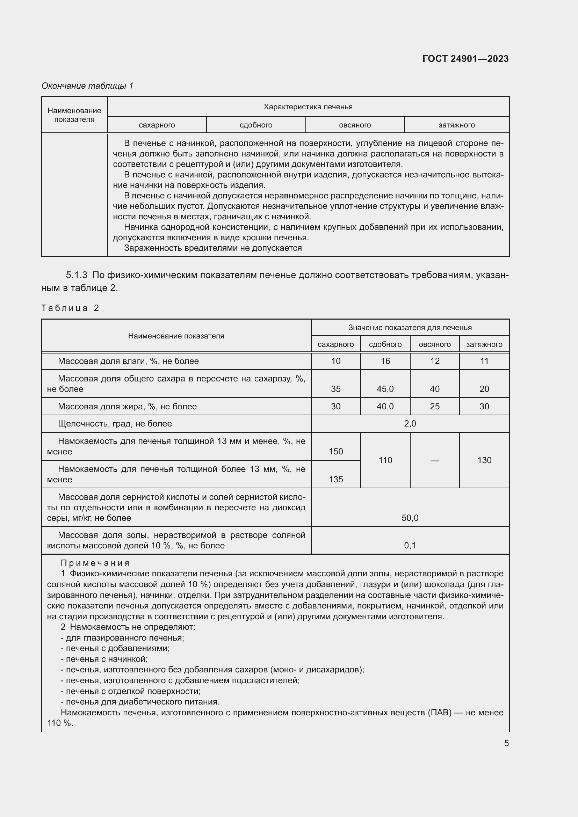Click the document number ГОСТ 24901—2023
465,59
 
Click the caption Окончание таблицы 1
87,86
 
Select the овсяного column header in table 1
354,125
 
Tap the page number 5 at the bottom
506,743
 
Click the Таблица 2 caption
70,308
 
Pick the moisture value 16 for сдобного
385,361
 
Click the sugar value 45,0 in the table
385,389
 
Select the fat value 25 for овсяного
435,406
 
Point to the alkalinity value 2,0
410,423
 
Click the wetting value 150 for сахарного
335,451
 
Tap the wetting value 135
335,479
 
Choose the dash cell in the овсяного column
435,460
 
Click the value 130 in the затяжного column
484,460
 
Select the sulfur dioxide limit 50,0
410,518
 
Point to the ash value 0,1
410,545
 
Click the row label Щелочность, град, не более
115,423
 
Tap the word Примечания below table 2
95,563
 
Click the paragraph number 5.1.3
77,275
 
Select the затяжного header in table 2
484,344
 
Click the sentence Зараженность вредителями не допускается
212,248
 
